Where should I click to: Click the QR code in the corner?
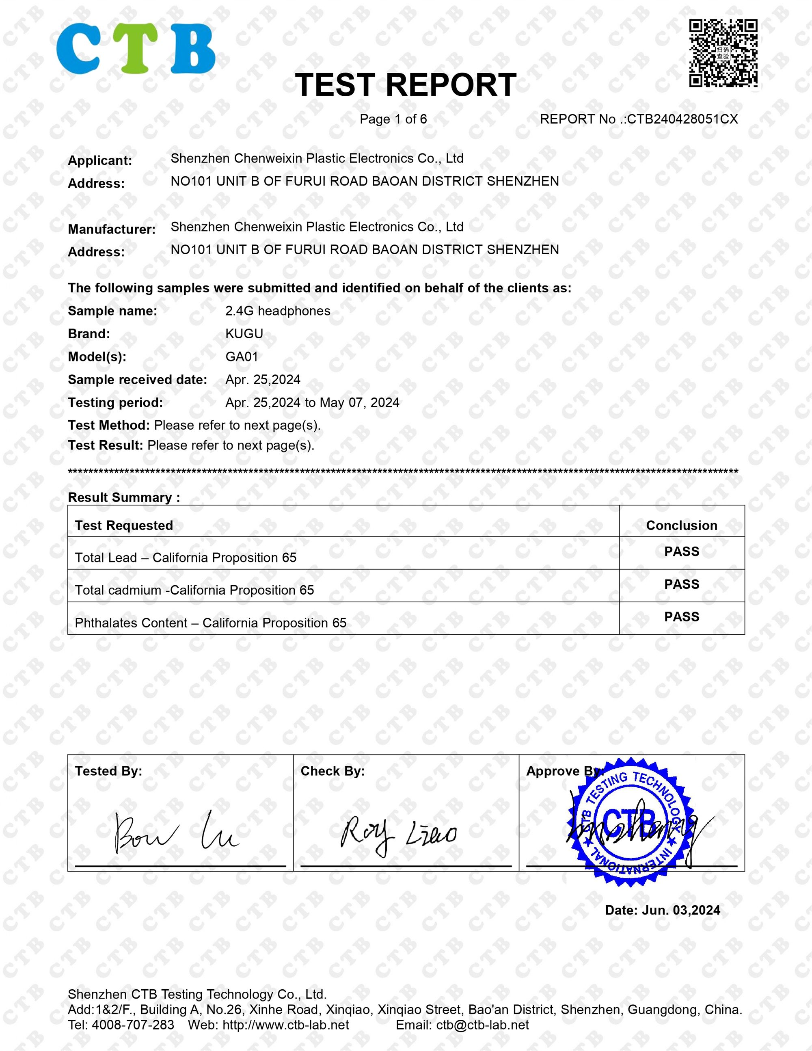tap(723, 54)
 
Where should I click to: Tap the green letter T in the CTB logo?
tap(138, 48)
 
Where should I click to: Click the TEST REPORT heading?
tap(406, 85)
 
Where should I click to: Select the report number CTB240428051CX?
tap(682, 119)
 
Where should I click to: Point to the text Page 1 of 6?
tap(393, 119)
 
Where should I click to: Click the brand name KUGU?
tap(244, 334)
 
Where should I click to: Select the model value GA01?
tap(242, 357)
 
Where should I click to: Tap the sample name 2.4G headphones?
tap(278, 311)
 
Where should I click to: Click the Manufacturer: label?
tap(112, 229)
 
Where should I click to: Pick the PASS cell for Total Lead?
tap(681, 551)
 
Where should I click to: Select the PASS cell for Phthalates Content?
tap(681, 617)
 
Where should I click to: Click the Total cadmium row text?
tap(194, 590)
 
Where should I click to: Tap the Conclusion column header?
tap(681, 525)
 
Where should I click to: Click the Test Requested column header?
tap(124, 525)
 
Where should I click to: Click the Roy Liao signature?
tap(398, 835)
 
